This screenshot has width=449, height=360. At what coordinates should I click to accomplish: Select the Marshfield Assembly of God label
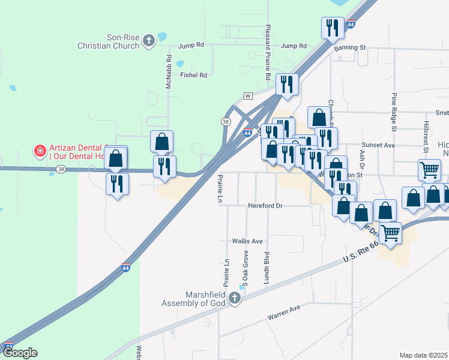pyautogui.click(x=193, y=299)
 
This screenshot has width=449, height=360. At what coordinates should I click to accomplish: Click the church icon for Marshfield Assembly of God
pyautogui.click(x=235, y=299)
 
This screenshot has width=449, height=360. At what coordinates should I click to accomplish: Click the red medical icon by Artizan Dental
pyautogui.click(x=40, y=149)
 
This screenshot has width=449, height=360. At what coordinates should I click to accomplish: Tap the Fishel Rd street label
pyautogui.click(x=194, y=75)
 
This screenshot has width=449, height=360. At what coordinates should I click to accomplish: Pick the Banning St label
pyautogui.click(x=350, y=47)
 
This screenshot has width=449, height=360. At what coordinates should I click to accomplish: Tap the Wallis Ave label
pyautogui.click(x=248, y=241)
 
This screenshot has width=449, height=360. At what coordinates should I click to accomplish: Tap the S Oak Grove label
pyautogui.click(x=245, y=268)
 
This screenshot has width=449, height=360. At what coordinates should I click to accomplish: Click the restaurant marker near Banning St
pyautogui.click(x=332, y=28)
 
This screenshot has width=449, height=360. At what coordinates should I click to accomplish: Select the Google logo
pyautogui.click(x=19, y=353)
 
